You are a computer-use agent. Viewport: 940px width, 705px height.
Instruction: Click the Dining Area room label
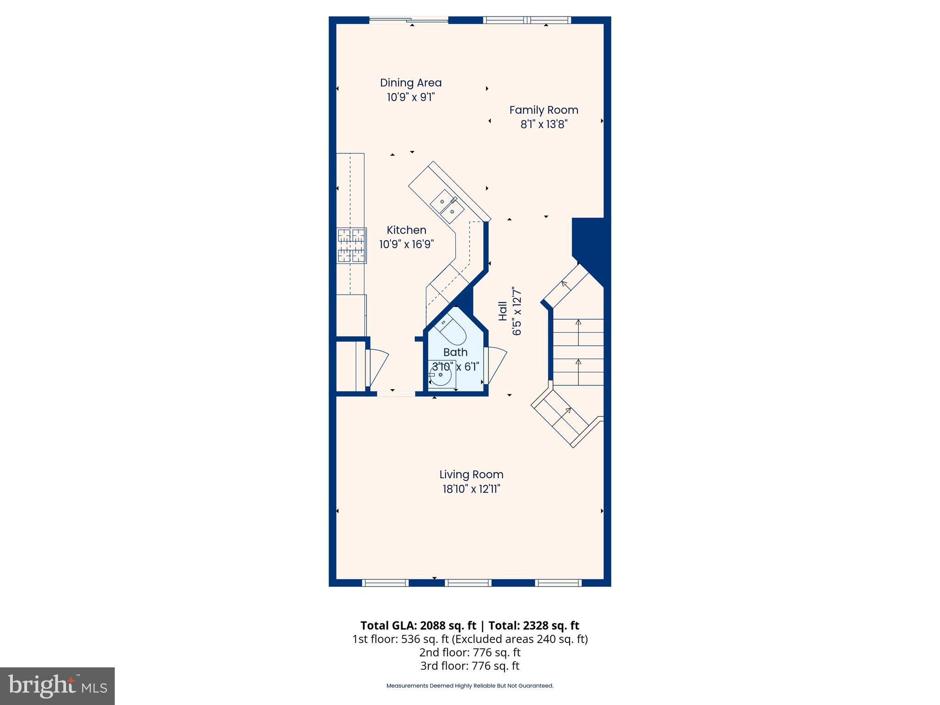pyautogui.click(x=411, y=83)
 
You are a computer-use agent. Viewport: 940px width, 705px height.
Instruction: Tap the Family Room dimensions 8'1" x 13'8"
pyautogui.click(x=544, y=124)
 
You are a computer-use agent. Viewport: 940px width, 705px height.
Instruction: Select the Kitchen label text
pyautogui.click(x=406, y=230)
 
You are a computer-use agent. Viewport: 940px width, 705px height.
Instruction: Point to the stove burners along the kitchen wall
pyautogui.click(x=352, y=246)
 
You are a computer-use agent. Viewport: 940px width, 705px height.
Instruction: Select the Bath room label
pyautogui.click(x=455, y=352)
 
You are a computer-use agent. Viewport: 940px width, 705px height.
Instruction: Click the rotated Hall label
pyautogui.click(x=503, y=311)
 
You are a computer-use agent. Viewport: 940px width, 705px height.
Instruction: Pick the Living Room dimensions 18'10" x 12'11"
pyautogui.click(x=471, y=489)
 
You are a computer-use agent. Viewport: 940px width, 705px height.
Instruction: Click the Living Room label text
pyautogui.click(x=471, y=474)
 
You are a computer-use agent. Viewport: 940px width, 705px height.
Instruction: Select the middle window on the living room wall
pyautogui.click(x=469, y=583)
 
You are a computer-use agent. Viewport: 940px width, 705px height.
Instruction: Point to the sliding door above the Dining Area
pyautogui.click(x=408, y=20)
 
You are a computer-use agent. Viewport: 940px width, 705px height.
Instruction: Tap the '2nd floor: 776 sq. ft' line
pyautogui.click(x=470, y=652)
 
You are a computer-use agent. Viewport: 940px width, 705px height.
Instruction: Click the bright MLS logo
pyautogui.click(x=57, y=686)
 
